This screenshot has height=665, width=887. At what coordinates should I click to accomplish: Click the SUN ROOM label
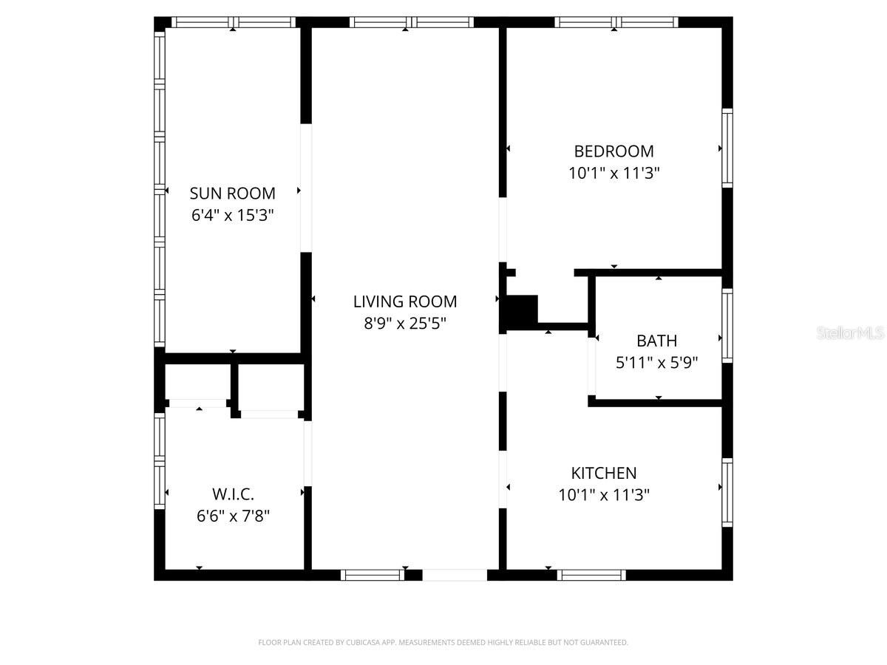232,193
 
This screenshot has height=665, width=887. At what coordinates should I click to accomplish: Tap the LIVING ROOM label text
404,301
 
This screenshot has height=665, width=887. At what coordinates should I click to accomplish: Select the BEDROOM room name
614,151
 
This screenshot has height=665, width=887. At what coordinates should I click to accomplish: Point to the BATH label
656,341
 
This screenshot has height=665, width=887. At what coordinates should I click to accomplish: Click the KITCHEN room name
603,473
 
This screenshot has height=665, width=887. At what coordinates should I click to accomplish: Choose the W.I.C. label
233,494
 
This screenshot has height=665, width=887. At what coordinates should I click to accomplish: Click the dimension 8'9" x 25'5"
404,323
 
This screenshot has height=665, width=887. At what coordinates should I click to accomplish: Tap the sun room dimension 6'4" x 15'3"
232,215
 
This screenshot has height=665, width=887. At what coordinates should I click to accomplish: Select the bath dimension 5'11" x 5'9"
656,363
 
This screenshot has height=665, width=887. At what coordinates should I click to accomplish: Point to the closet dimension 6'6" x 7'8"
233,515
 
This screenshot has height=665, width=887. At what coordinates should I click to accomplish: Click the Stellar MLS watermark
850,334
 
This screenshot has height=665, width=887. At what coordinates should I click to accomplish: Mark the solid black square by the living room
521,310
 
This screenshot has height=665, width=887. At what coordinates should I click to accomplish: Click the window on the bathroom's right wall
727,326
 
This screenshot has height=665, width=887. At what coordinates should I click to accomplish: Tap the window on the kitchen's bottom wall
591,575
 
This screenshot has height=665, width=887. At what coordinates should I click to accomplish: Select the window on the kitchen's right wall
727,492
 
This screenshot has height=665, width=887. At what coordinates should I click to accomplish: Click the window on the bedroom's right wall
727,148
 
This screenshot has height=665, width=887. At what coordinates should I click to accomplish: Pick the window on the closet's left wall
159,460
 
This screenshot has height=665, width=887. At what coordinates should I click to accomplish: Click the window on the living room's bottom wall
373,575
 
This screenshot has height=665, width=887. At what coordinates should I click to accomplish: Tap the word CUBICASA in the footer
357,643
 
